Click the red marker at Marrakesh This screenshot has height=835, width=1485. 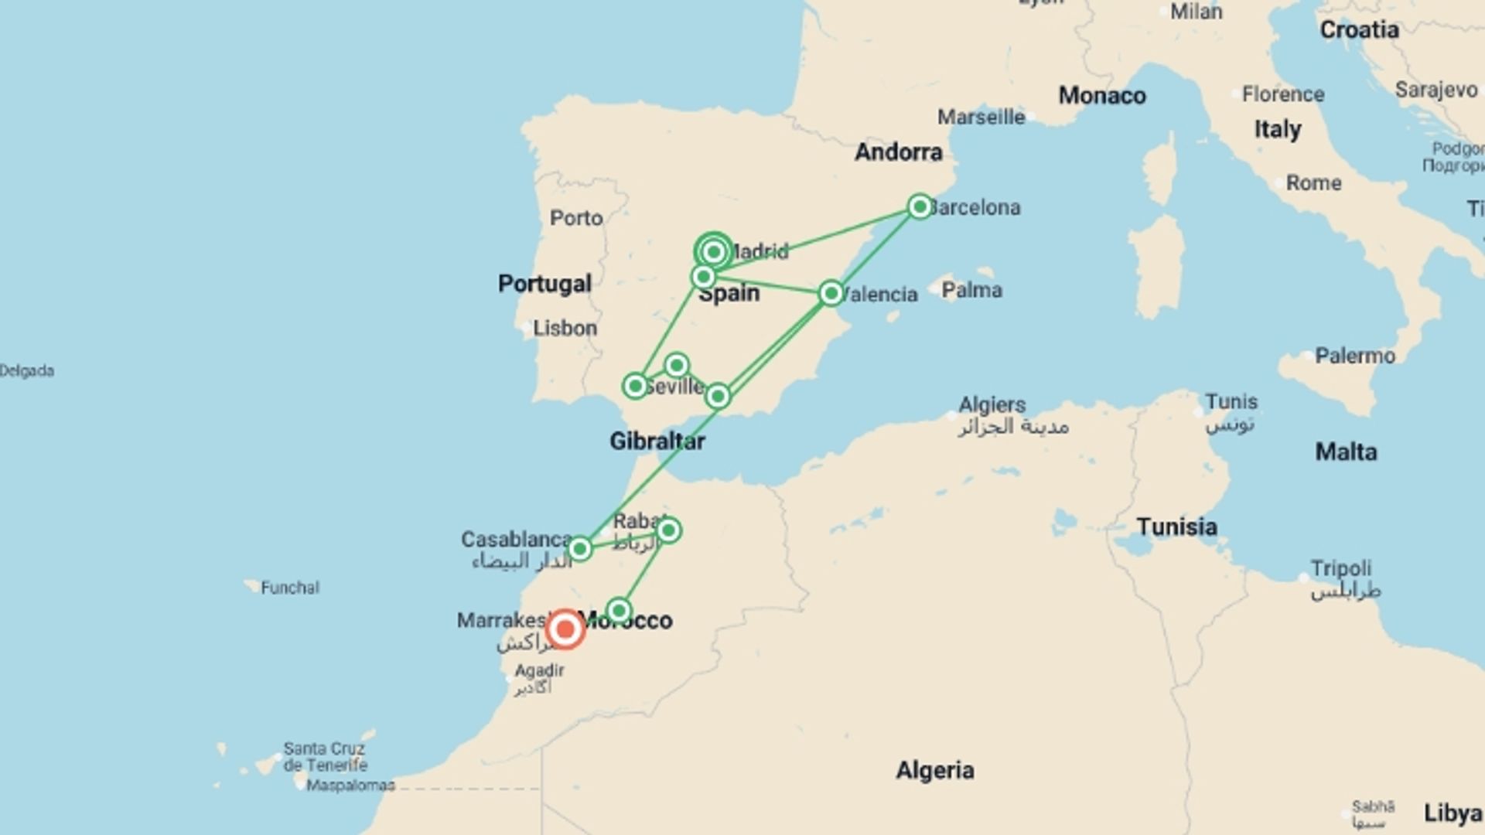point(565,629)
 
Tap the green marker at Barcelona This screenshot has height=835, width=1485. point(920,206)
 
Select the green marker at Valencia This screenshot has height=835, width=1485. point(831,293)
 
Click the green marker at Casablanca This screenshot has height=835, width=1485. point(579,549)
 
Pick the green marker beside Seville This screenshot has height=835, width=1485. point(635,386)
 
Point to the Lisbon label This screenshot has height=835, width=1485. point(565,329)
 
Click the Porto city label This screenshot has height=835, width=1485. point(576,218)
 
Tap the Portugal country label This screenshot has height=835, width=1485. point(544,284)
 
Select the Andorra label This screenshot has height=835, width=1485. point(899,152)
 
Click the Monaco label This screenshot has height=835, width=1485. point(1102,96)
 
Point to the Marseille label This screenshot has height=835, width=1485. point(981,118)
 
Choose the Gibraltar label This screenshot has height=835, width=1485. point(657,441)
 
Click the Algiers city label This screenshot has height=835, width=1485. point(992,405)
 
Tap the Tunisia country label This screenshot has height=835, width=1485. point(1177,527)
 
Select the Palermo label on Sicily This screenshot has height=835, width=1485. point(1355,356)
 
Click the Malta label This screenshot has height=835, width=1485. point(1347,452)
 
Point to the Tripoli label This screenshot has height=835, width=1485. point(1340,569)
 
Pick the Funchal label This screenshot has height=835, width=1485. point(290,588)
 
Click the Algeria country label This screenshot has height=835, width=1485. point(935,771)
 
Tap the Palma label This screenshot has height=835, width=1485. point(971,291)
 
